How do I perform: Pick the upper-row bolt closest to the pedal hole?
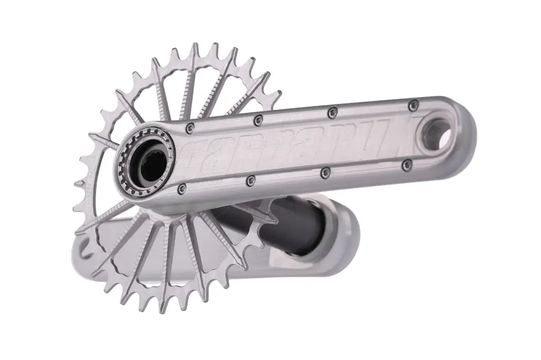click(413, 105)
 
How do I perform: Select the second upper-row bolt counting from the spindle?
click(258, 120)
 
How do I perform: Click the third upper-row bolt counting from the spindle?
click(332, 112)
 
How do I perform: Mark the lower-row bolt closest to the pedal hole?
click(406, 165)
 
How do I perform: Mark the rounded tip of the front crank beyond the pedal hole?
click(465, 129)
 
